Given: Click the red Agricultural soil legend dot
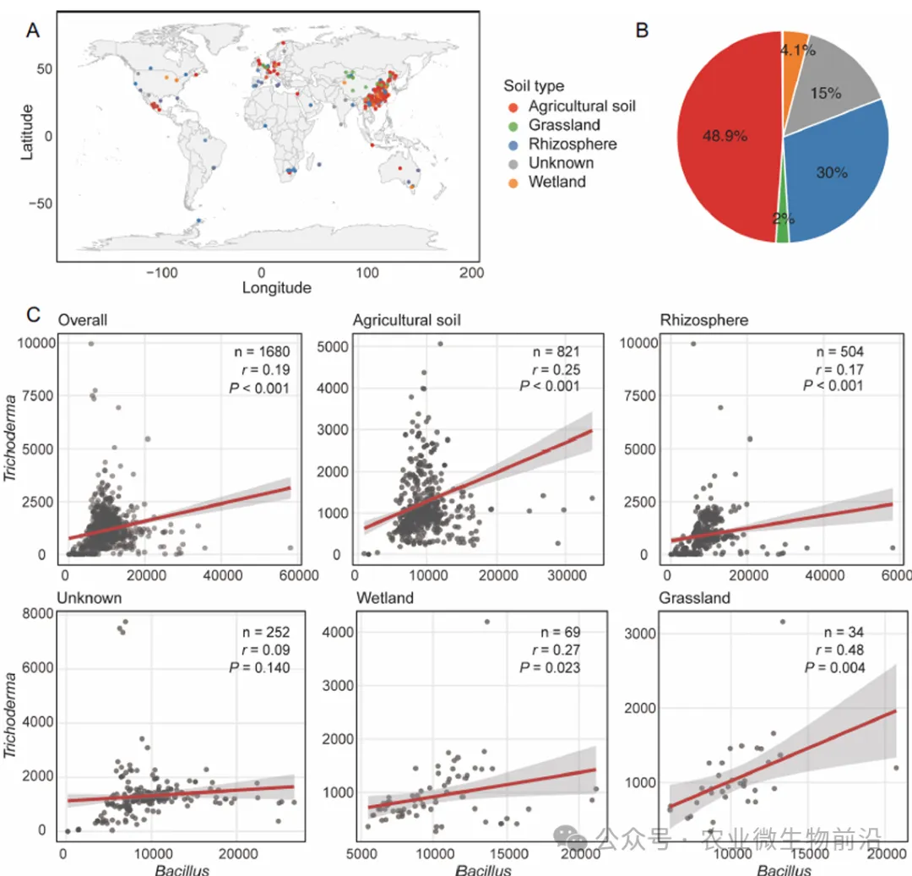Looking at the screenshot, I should (x=513, y=106).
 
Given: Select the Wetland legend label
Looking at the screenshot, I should (x=556, y=182).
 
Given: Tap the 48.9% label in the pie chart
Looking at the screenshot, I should (x=724, y=137).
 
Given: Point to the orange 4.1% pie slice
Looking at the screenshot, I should (x=795, y=46).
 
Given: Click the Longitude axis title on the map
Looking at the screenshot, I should (x=276, y=288).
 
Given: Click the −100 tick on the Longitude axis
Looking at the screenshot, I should (x=160, y=273).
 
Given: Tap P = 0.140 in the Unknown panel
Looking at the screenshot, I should (x=263, y=667).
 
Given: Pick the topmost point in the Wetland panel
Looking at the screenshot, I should (x=486, y=622).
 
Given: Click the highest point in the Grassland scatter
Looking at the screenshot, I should (x=782, y=622).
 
